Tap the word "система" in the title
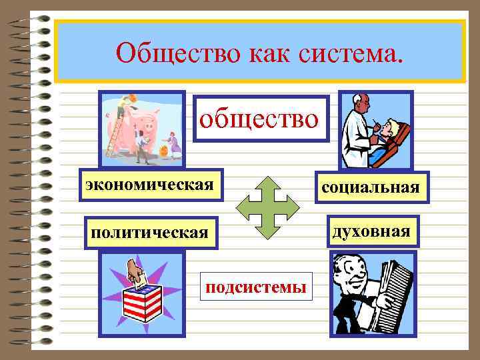(356, 52)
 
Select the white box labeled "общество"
(261, 119)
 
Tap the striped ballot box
(143, 303)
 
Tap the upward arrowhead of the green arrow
(270, 183)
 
